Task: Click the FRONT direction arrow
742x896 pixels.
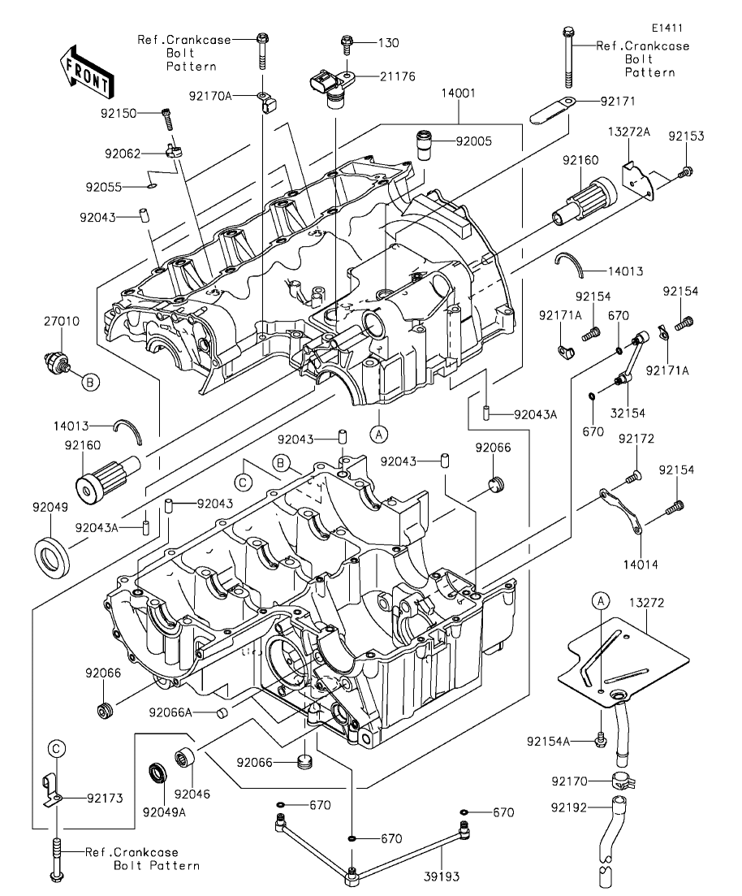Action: click(85, 70)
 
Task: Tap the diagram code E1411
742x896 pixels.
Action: click(668, 28)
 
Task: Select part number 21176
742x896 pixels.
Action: click(398, 76)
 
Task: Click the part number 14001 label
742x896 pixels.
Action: click(458, 93)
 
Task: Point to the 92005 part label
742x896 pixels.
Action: click(473, 141)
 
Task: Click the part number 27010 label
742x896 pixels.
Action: click(62, 321)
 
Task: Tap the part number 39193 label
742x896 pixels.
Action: click(442, 876)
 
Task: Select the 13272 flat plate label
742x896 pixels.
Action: click(646, 603)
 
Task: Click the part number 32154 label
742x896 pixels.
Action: click(628, 413)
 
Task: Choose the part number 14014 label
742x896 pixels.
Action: click(641, 565)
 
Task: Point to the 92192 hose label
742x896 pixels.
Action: click(569, 807)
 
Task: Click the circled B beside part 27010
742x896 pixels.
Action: click(90, 382)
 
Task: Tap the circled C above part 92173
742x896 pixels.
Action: click(56, 749)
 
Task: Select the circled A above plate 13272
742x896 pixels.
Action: click(601, 601)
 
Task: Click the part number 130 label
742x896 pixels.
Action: click(388, 43)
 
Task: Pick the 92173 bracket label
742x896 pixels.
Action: click(105, 798)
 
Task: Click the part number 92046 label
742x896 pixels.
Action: click(192, 794)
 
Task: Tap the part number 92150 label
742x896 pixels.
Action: click(119, 113)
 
